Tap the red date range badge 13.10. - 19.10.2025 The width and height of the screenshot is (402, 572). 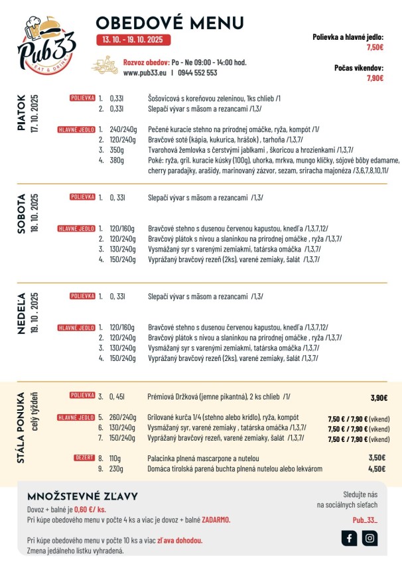click(132, 40)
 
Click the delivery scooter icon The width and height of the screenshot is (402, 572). click(105, 66)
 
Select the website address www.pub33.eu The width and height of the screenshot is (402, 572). click(145, 73)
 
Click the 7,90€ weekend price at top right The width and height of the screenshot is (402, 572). click(375, 78)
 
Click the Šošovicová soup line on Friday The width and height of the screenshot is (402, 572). click(214, 98)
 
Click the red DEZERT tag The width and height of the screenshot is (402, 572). click(84, 457)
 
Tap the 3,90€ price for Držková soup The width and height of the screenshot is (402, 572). click(379, 397)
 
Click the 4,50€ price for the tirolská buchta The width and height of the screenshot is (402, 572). click(377, 468)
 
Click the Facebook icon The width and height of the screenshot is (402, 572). click(350, 538)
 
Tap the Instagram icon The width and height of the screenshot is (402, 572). click(369, 538)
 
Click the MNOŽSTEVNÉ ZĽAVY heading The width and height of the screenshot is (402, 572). click(82, 496)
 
